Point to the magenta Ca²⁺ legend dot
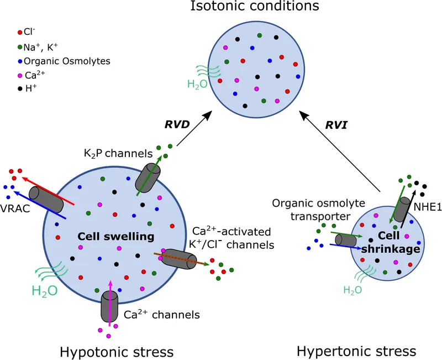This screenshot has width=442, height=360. pos(20,74)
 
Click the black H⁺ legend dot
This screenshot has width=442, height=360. pos(20,87)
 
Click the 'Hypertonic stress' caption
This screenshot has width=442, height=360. pos(356,351)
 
